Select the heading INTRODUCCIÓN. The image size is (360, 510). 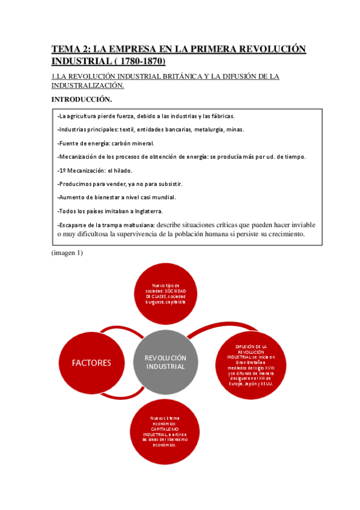[x=82, y=99]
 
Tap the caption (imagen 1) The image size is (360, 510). [x=67, y=253]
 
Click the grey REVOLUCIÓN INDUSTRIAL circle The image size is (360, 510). [x=166, y=362]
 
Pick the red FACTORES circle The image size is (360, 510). [x=92, y=362]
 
